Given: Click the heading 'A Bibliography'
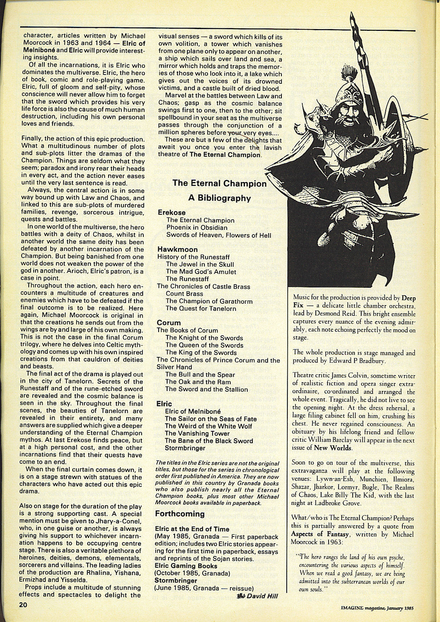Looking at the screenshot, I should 219,198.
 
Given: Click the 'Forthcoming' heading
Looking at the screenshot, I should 180,514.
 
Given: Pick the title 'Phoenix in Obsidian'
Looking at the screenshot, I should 197,227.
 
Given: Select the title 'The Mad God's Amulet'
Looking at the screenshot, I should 201,272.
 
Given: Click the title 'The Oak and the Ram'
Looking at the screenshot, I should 198,382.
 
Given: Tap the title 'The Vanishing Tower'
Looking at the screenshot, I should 197,434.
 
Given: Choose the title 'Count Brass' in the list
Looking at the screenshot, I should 185,294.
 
